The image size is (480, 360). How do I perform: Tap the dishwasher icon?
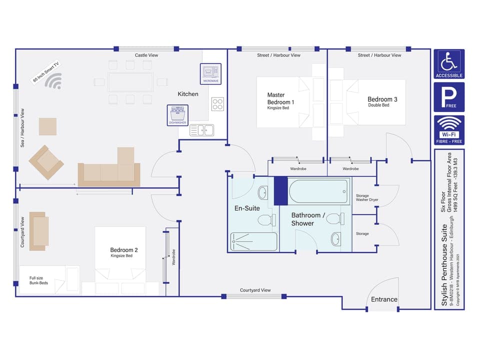point(177,115)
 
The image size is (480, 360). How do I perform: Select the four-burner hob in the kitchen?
point(217,103)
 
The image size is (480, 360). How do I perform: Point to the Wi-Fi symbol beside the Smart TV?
point(53,81)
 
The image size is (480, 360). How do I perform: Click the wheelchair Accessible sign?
point(449,63)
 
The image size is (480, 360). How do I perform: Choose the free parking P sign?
point(449,96)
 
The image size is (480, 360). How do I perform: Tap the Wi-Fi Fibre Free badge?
point(449,130)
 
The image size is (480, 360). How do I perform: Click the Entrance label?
point(384,299)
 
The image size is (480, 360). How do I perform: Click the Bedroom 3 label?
point(382,99)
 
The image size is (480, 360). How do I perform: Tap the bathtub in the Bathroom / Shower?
point(318,192)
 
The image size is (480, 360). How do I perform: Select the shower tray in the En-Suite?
point(254,241)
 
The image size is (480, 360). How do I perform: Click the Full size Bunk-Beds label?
point(40,280)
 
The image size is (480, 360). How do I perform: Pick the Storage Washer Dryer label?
point(365,197)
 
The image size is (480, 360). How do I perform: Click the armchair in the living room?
point(46,162)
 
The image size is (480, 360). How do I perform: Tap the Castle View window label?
point(146,55)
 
